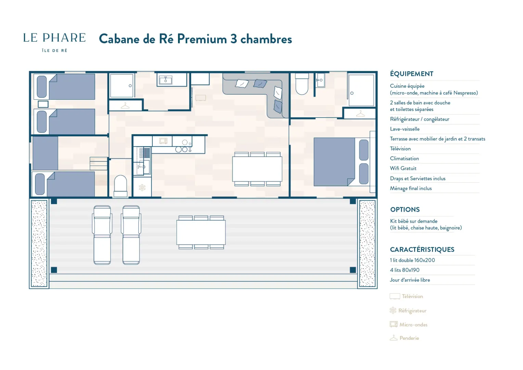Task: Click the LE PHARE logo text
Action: (54, 38)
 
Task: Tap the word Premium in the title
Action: (202, 39)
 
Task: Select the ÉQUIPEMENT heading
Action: (412, 74)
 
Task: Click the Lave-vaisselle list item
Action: (405, 129)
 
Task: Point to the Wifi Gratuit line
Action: (403, 168)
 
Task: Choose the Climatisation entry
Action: (404, 159)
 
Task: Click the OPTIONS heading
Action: (405, 209)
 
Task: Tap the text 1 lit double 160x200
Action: (412, 260)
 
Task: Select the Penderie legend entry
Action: (404, 338)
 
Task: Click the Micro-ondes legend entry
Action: (409, 324)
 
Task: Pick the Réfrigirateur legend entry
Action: (408, 310)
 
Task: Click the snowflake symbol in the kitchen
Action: (142, 187)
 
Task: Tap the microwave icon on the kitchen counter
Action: (163, 141)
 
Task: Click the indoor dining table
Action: (257, 169)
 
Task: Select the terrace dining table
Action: (201, 232)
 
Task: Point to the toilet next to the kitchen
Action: (120, 186)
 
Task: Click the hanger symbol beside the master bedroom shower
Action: (360, 114)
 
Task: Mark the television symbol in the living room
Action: (201, 98)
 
